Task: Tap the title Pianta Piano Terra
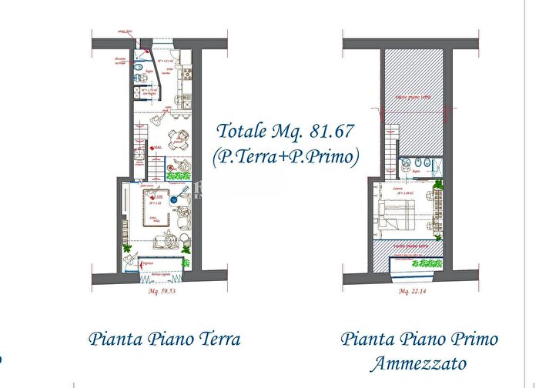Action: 164,339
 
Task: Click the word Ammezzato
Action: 418,363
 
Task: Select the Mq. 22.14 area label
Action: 414,293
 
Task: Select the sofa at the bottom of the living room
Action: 164,242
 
